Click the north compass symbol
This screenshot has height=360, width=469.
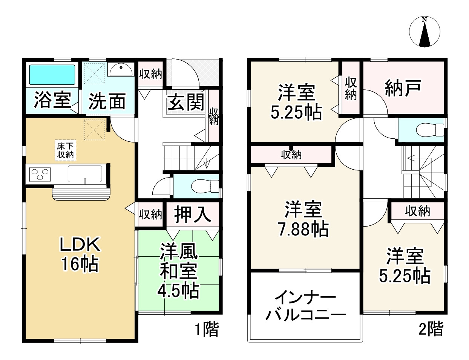point(425,33)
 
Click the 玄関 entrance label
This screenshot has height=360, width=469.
point(186,102)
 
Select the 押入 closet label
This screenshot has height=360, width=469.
point(192,214)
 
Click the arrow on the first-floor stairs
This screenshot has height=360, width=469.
point(205,163)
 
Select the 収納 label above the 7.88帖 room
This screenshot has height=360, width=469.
point(291,154)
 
